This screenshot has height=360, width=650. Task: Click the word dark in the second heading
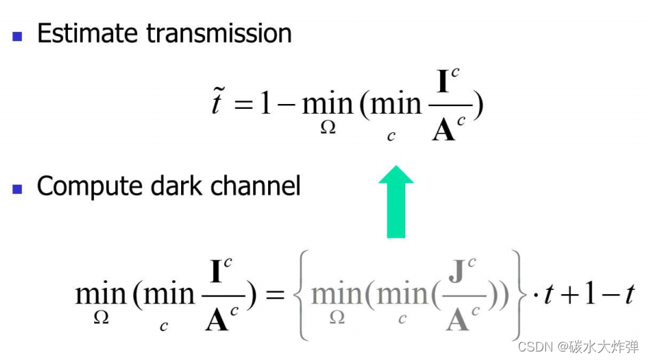coord(173,186)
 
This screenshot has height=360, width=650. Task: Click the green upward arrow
coord(396,202)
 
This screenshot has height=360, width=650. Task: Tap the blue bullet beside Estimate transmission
coord(18,35)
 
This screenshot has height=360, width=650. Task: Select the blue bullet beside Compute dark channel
coord(18,189)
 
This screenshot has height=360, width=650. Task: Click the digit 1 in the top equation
coord(265,104)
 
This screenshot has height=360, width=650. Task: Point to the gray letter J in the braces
coord(457,272)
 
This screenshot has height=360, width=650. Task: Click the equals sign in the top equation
coord(243,105)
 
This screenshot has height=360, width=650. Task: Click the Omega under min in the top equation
coord(327,129)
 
